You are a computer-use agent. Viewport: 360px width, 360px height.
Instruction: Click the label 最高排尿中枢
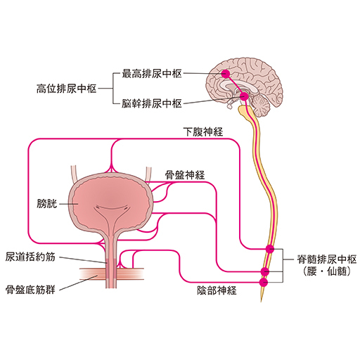152,74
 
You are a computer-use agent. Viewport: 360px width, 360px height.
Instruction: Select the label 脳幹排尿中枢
152,103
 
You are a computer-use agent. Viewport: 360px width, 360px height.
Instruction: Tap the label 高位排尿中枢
67,89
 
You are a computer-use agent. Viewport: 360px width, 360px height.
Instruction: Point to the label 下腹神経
203,132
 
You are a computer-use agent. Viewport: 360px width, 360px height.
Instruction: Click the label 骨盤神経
185,175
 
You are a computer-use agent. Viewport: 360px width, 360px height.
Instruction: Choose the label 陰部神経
217,290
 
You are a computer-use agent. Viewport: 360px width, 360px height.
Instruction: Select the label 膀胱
47,203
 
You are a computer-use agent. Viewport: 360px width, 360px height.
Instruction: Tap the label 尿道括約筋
30,257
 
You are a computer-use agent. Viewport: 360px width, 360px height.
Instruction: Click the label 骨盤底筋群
30,290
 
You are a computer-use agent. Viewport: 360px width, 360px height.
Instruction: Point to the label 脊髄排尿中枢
327,259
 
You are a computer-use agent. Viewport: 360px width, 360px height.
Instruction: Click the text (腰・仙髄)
327,271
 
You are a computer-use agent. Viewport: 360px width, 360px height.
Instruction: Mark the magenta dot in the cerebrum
226,74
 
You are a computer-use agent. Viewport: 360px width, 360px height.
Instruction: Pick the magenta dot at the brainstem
244,96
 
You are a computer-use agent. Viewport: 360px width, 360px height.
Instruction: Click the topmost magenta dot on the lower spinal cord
270,249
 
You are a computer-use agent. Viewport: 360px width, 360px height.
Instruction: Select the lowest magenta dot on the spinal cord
264,283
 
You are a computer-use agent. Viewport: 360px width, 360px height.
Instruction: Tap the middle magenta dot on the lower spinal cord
265,271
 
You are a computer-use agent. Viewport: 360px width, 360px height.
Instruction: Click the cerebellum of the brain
259,105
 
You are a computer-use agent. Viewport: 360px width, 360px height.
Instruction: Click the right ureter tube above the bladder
148,174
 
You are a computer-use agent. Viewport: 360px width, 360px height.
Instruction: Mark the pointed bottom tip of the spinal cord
261,302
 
